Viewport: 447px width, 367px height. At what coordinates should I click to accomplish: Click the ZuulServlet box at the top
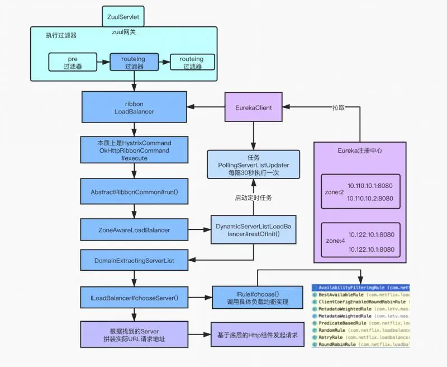(123, 17)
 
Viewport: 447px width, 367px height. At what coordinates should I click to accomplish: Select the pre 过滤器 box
(72, 63)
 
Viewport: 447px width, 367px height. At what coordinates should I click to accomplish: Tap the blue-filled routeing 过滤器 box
(134, 63)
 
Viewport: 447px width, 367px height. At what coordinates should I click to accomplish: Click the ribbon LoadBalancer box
(134, 107)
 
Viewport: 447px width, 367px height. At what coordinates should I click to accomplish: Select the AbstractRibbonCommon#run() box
(134, 192)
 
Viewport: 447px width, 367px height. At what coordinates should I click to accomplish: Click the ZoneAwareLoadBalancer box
(134, 229)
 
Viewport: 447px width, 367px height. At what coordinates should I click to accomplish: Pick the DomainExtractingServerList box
(134, 261)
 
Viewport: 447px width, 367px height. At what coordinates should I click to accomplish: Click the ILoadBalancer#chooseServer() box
(134, 298)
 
